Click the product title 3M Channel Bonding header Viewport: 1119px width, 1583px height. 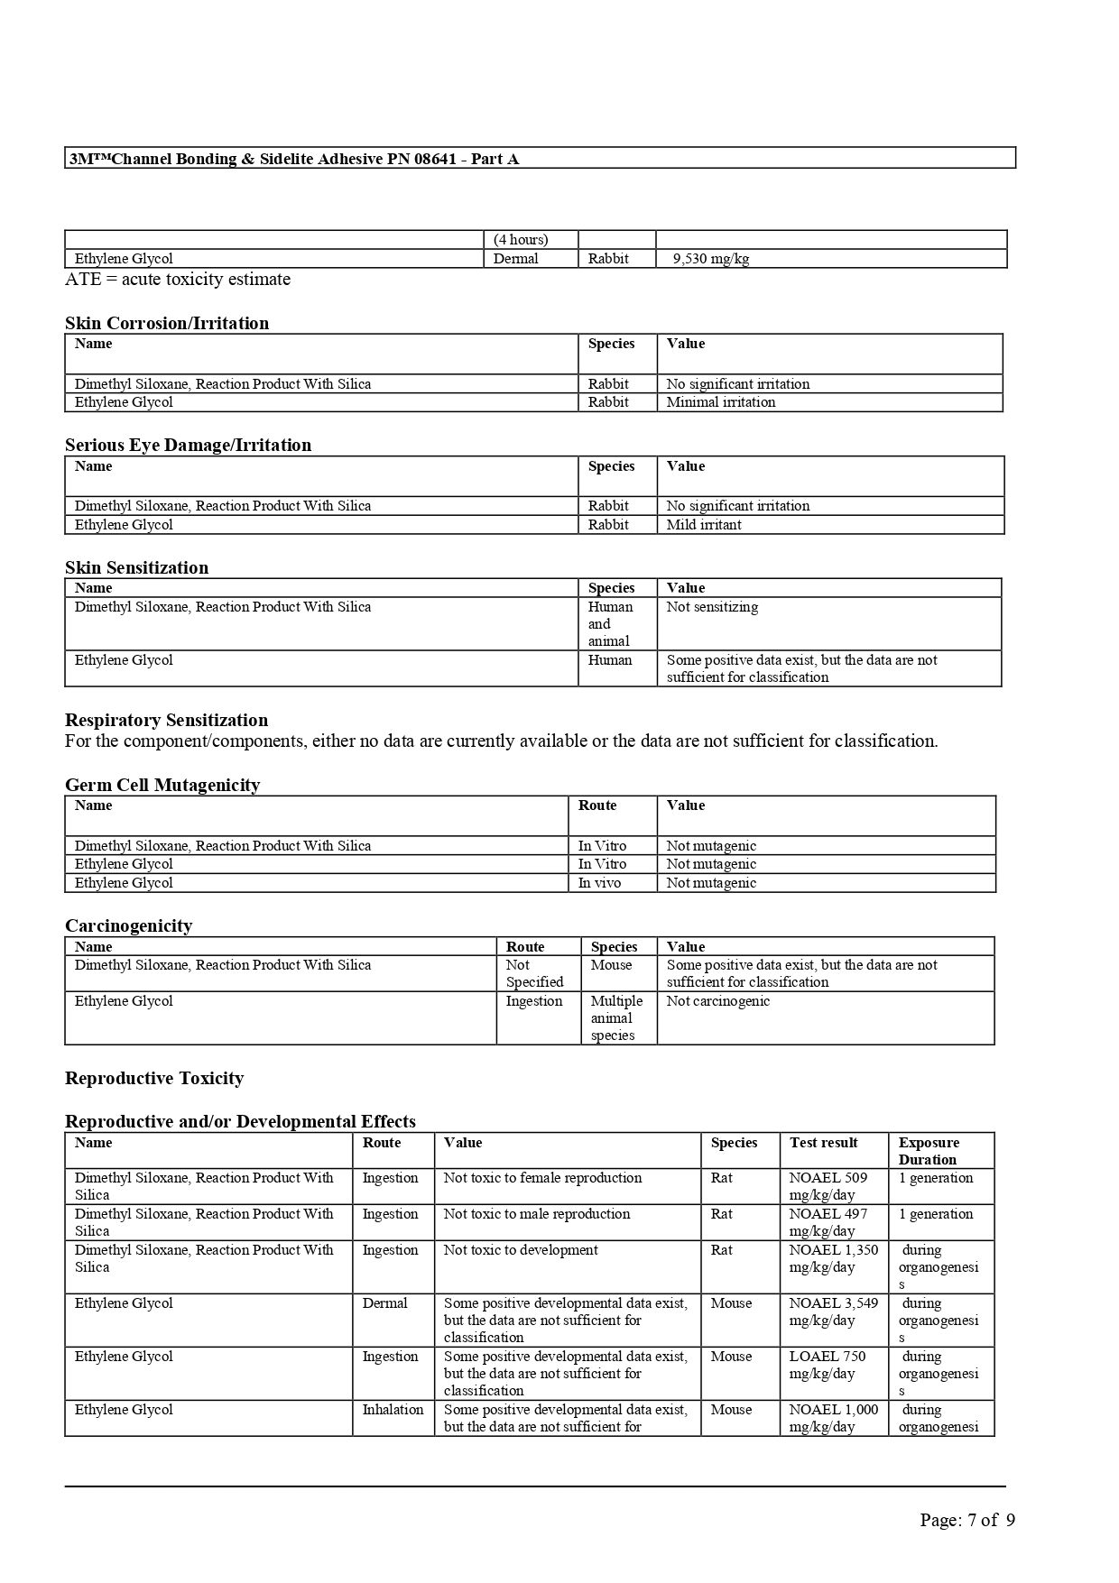coord(294,159)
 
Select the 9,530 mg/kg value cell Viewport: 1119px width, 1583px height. coord(711,259)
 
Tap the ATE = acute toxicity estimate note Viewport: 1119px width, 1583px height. coord(178,280)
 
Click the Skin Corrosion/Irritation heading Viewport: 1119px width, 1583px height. coord(167,323)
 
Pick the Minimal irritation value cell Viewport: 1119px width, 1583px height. coord(721,402)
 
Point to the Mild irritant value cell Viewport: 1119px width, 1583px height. coord(704,525)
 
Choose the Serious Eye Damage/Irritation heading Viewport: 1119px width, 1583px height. coord(188,445)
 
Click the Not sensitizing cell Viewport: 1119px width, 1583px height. coord(712,607)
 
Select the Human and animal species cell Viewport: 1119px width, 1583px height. coord(611,624)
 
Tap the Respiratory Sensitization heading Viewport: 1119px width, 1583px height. coord(166,720)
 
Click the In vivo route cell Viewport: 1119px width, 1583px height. coord(599,883)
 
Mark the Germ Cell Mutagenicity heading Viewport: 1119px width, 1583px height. coord(162,785)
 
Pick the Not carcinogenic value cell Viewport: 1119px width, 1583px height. coord(718,1001)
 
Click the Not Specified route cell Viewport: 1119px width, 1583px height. coord(534,973)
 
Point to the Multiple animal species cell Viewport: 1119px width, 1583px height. coord(616,1018)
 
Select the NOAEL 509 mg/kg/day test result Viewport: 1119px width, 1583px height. coord(828,1186)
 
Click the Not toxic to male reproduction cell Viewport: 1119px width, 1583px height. coord(537,1214)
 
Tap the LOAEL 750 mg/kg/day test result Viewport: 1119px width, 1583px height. coord(827,1365)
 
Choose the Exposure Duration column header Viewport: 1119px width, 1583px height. coord(929,1151)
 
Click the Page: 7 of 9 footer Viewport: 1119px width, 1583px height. coord(967,1520)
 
